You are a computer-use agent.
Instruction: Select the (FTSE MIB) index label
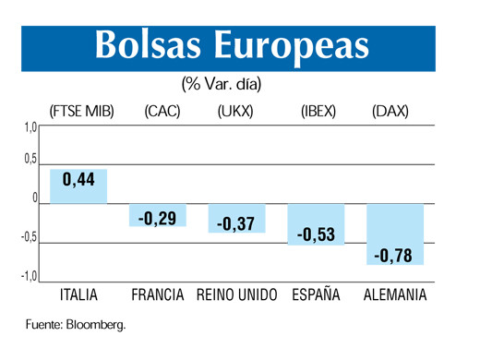82,112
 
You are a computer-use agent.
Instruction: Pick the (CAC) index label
162,112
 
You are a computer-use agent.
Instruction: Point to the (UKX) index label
237,112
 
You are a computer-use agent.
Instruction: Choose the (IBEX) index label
318,112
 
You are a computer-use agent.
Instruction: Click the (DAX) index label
390,112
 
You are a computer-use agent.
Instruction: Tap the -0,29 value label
157,219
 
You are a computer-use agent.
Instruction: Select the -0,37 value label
235,223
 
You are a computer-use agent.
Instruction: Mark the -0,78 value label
394,254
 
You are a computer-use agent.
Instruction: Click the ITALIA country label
78,295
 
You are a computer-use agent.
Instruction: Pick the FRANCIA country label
158,295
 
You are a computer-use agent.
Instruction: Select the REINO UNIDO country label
236,295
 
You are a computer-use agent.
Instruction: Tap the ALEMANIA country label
395,295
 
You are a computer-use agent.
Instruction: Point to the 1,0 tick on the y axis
29,127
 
